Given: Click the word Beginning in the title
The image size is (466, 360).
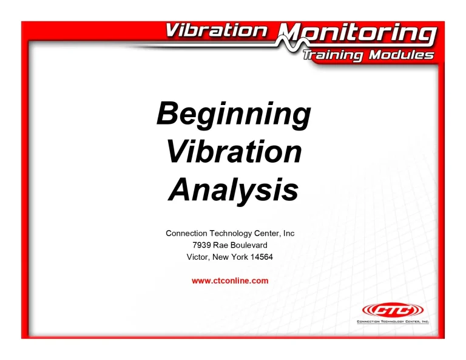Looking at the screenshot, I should click(x=234, y=114).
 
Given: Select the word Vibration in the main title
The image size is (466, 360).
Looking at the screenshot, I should click(x=234, y=151).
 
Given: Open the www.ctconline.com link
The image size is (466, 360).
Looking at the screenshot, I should click(x=229, y=280).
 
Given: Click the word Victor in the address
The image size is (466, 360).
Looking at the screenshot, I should click(x=198, y=257).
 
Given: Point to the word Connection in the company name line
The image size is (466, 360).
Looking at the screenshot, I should click(x=187, y=233).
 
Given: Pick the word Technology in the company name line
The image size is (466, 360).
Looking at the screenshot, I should click(x=232, y=233).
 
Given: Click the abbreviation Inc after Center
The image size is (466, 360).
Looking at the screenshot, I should click(x=288, y=233).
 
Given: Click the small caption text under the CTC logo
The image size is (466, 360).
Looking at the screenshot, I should click(x=392, y=321).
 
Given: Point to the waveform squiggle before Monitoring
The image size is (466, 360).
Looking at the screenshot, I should click(x=280, y=38).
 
